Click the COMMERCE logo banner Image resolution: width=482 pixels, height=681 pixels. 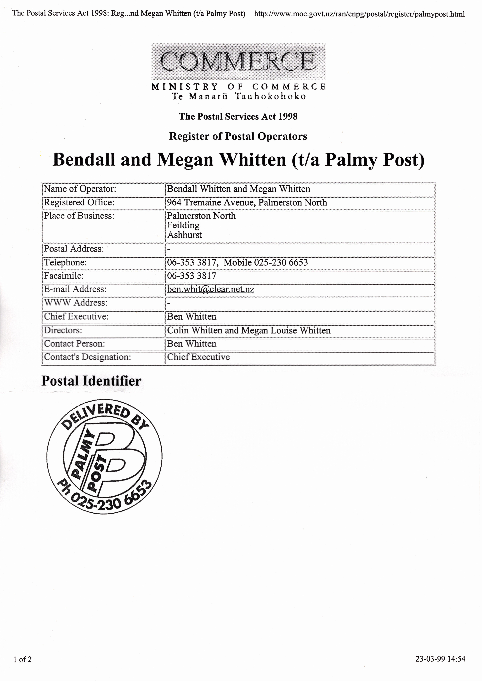point(238,61)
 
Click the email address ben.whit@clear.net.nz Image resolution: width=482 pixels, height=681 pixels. point(210,289)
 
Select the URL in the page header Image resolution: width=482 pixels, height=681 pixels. point(359,14)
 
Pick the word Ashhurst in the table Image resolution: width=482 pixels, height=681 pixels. point(184,235)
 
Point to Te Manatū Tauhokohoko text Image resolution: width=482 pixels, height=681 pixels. point(238,96)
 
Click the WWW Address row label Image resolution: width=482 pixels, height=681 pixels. point(76,303)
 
